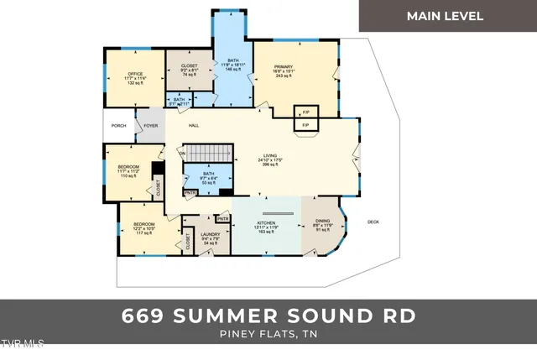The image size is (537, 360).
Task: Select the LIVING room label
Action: click(x=270, y=155)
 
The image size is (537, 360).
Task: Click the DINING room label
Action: click(x=323, y=223)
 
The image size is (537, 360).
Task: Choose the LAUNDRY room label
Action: click(x=210, y=234)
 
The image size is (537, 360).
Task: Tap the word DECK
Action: click(x=373, y=222)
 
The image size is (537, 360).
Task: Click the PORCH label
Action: click(x=118, y=126)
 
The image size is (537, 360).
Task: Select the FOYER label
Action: click(x=150, y=126)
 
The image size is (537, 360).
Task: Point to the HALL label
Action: click(x=193, y=126)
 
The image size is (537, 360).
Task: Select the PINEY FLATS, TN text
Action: click(x=268, y=336)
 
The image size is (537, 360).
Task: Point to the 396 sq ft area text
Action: click(x=270, y=166)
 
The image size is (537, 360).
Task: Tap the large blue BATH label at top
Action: click(x=233, y=60)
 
